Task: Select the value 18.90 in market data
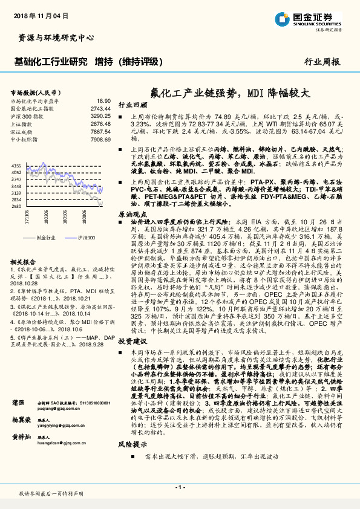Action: (x=103, y=101)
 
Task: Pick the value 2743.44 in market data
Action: (x=100, y=108)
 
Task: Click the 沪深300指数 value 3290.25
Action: (x=100, y=115)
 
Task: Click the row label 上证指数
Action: (x=23, y=123)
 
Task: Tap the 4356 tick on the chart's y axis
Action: (x=16, y=165)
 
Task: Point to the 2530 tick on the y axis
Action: (x=16, y=206)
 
